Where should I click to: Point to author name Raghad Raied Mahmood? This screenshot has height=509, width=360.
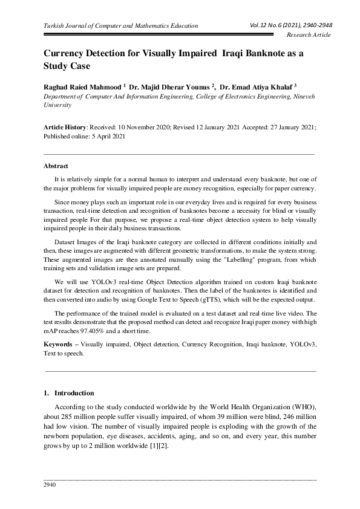click(82, 86)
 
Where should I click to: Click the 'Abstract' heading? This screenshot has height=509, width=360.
click(56, 166)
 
